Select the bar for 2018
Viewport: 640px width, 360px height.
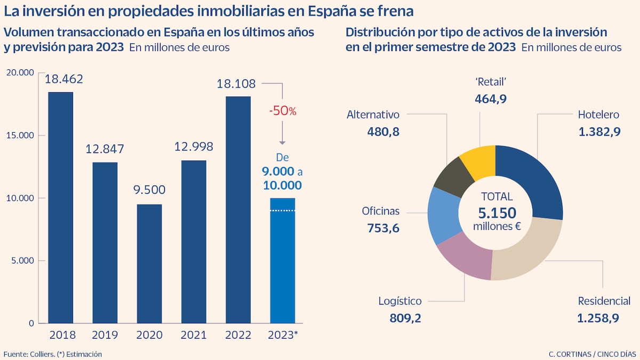pos(60,208)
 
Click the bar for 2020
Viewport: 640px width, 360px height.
pos(149,264)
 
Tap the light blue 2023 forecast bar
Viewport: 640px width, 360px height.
pos(282,261)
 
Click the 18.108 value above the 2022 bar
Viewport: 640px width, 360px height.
pos(236,84)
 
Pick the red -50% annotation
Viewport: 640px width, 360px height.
pos(282,111)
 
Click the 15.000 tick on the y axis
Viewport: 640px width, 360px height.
pos(19,135)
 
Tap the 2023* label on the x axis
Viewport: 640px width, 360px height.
pos(282,335)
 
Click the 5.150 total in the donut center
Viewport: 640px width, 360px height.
pos(497,213)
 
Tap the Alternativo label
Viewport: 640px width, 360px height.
pos(373,114)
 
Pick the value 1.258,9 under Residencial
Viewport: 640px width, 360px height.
pos(598,318)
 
